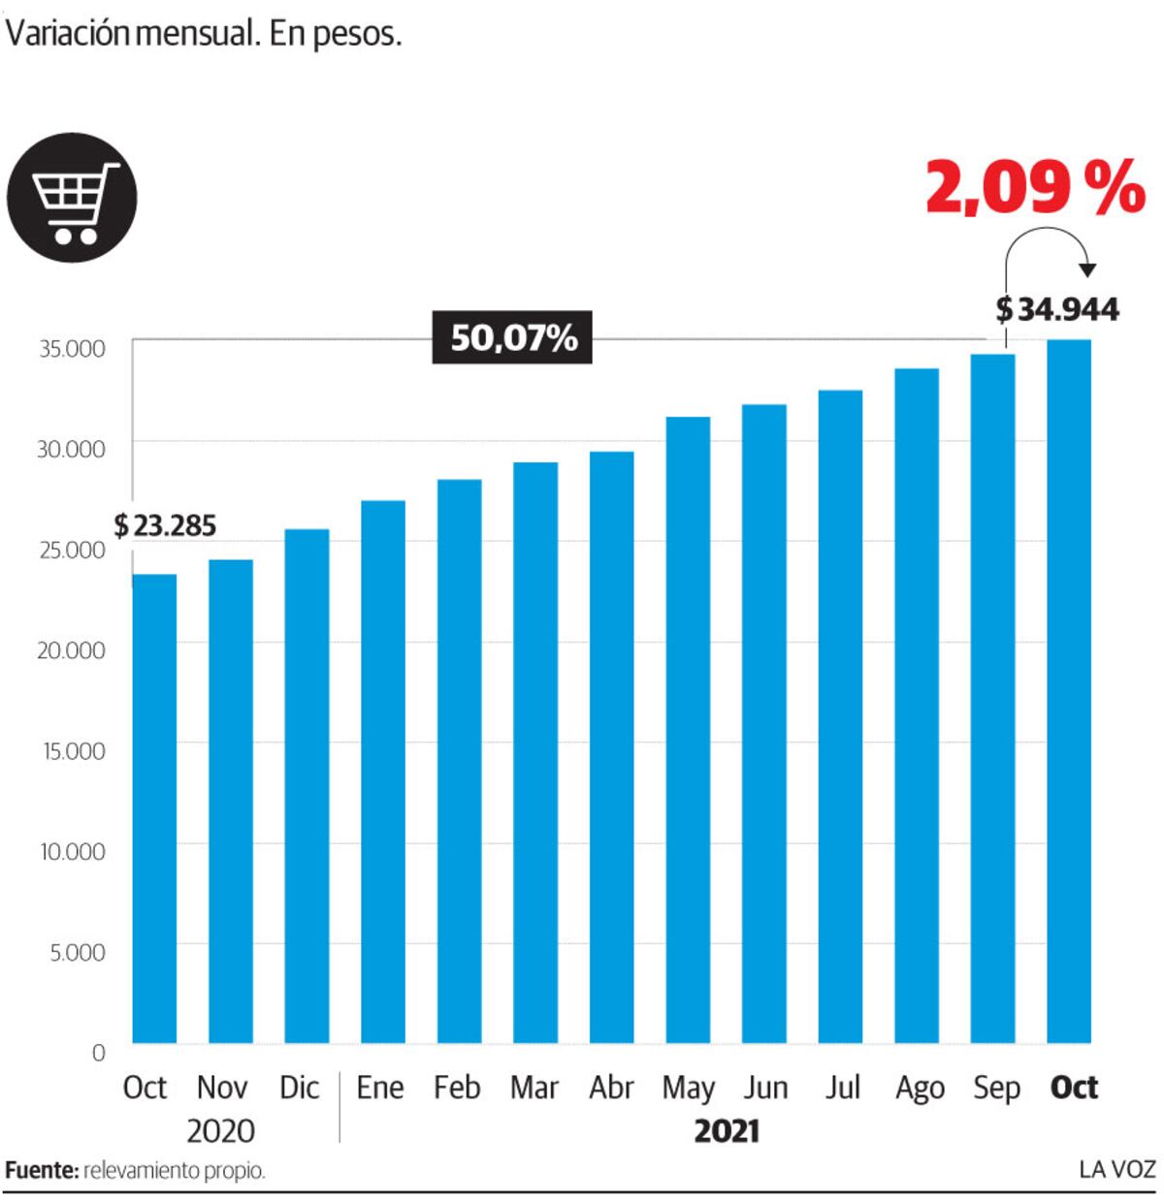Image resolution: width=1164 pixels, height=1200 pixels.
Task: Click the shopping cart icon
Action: (72, 198)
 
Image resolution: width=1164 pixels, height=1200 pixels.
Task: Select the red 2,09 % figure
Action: (1035, 187)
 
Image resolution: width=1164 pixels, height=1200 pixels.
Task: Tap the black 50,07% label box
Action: (511, 337)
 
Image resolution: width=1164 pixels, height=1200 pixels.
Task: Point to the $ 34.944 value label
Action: (1056, 309)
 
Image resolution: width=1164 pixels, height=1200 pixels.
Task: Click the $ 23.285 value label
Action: (165, 525)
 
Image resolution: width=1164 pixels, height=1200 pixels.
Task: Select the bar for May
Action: (688, 730)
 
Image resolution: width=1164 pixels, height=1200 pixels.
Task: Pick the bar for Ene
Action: (382, 772)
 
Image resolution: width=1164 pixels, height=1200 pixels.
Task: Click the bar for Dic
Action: (307, 786)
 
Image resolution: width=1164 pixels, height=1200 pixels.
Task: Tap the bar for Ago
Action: (917, 706)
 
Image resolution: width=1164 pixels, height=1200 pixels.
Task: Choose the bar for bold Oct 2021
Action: (1069, 691)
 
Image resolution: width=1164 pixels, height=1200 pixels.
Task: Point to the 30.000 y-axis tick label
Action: (71, 450)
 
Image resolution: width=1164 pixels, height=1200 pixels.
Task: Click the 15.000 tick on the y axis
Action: (74, 751)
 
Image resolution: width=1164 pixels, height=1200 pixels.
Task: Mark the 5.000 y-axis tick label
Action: (78, 952)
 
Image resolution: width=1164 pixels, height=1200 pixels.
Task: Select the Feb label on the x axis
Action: (457, 1088)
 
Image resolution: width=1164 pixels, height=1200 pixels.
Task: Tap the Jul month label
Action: (843, 1088)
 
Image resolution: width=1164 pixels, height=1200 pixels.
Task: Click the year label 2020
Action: (220, 1131)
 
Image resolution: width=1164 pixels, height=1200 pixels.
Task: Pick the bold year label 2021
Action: (727, 1131)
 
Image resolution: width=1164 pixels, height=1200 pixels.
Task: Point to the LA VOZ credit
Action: (1117, 1170)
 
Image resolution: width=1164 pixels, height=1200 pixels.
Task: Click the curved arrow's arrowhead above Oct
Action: (1087, 269)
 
